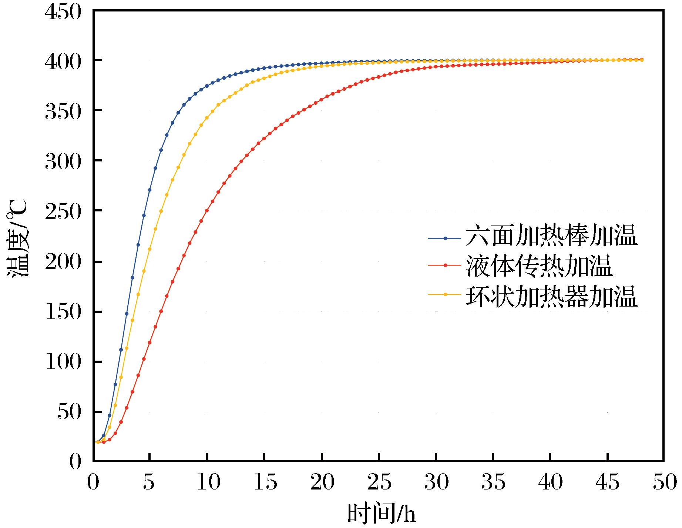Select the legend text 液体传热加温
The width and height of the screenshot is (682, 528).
pyautogui.click(x=539, y=266)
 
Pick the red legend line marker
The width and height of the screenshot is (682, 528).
pyautogui.click(x=446, y=265)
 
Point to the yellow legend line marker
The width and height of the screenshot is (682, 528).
pyautogui.click(x=446, y=295)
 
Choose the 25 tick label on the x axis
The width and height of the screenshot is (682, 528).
pyautogui.click(x=379, y=483)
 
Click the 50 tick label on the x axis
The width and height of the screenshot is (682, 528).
pyautogui.click(x=665, y=483)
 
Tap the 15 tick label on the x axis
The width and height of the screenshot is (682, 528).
pyautogui.click(x=264, y=483)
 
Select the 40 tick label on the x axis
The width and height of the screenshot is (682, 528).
pyautogui.click(x=550, y=483)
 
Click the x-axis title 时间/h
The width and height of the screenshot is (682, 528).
pyautogui.click(x=381, y=513)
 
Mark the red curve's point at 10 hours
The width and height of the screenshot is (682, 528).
pyautogui.click(x=207, y=210)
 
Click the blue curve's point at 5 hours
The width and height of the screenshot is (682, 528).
pyautogui.click(x=149, y=190)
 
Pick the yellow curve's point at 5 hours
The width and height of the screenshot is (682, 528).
pyautogui.click(x=149, y=249)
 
